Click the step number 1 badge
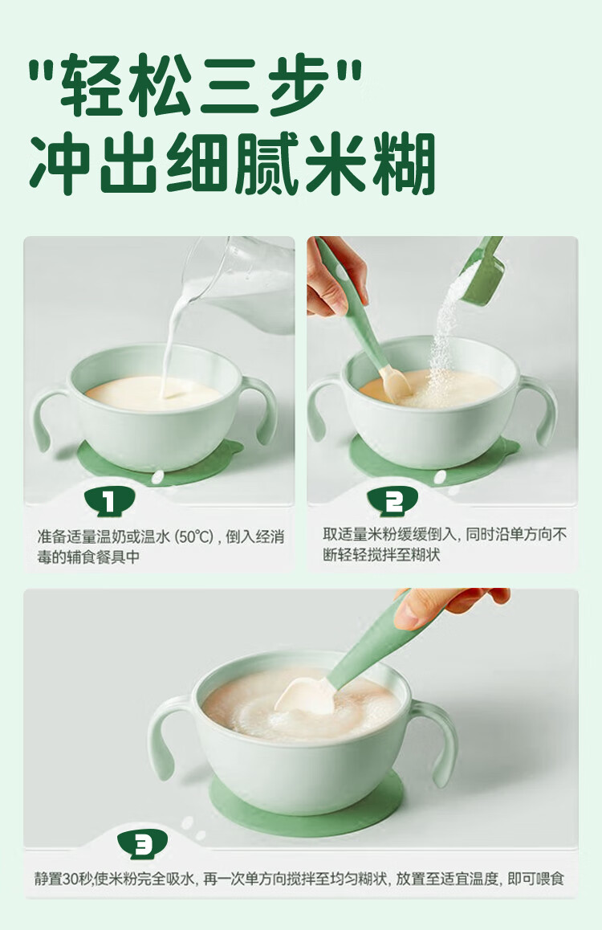pyautogui.click(x=110, y=502)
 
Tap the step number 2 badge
pyautogui.click(x=393, y=502)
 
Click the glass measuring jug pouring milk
pyautogui.click(x=243, y=279)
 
